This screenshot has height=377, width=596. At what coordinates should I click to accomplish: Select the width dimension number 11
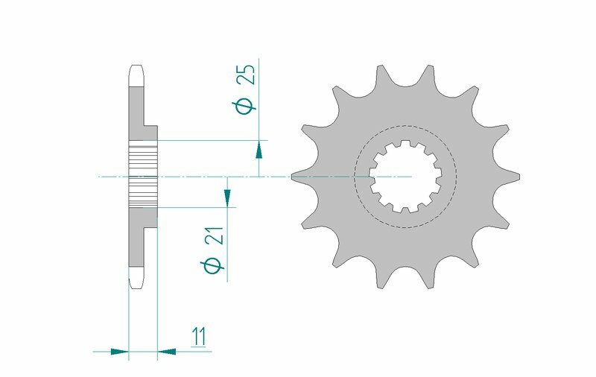(197, 338)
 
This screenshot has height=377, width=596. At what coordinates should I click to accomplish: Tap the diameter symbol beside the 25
(245, 107)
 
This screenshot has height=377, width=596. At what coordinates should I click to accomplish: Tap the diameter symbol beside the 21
(211, 266)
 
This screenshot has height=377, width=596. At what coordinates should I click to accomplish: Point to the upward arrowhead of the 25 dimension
(259, 149)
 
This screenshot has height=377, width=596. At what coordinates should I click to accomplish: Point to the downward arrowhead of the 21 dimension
(227, 197)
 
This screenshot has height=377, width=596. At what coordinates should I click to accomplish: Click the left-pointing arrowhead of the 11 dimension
(166, 350)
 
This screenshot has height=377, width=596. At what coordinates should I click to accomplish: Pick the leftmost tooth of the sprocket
(298, 176)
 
